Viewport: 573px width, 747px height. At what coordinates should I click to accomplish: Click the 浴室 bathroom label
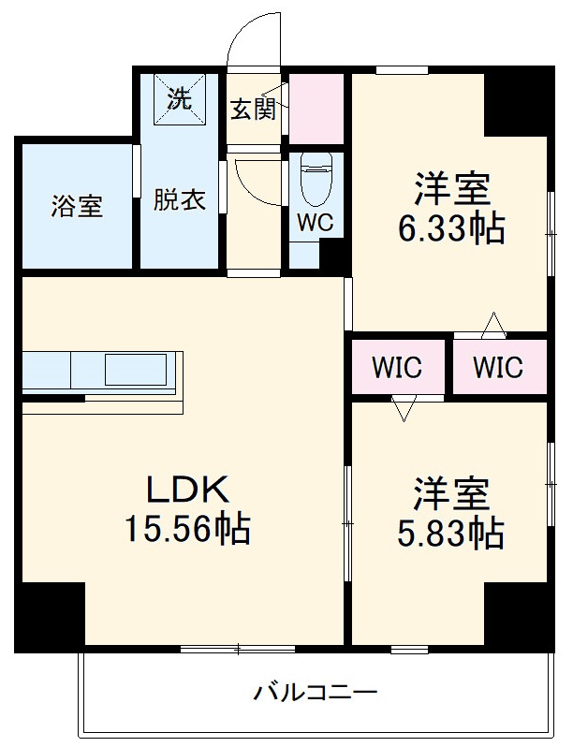pos(77,205)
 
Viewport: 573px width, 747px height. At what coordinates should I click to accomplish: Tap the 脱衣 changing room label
pos(179,200)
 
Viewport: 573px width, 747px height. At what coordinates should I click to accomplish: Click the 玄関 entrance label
pos(254,110)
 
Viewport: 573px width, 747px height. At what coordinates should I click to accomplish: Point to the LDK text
pos(187,489)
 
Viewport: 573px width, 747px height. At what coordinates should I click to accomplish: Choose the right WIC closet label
pos(498,368)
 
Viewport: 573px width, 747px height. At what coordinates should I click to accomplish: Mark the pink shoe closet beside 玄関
pos(317,110)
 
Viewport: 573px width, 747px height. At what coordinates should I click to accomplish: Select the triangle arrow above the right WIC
pos(493,327)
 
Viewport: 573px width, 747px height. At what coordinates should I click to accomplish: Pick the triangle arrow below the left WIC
pos(404,408)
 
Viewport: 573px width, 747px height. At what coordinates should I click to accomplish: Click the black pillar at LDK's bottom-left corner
pos(51,612)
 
